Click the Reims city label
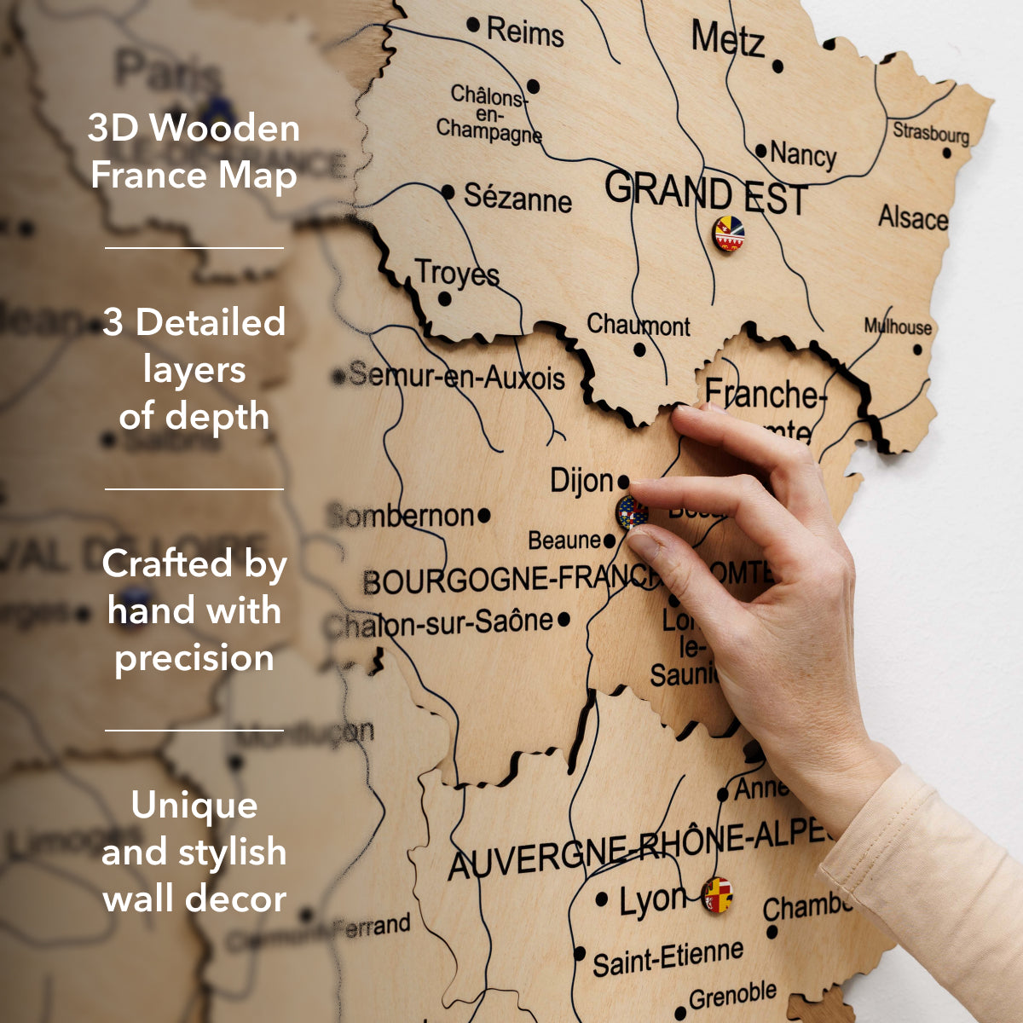tap(525, 32)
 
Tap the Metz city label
tap(727, 39)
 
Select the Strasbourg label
tap(931, 133)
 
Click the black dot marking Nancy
tap(760, 151)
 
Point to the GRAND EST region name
tap(705, 194)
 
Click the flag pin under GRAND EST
tap(728, 234)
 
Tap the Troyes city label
tap(457, 274)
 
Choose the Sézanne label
tap(517, 198)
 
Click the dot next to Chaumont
tap(639, 350)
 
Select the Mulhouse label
tap(898, 327)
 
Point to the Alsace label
tap(913, 218)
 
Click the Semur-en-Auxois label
tap(457, 376)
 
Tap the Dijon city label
tap(581, 481)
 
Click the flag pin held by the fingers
tap(631, 512)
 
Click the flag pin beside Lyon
tap(717, 895)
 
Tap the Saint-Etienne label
tap(668, 958)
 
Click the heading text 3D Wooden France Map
tap(194, 152)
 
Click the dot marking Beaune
tap(610, 541)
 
